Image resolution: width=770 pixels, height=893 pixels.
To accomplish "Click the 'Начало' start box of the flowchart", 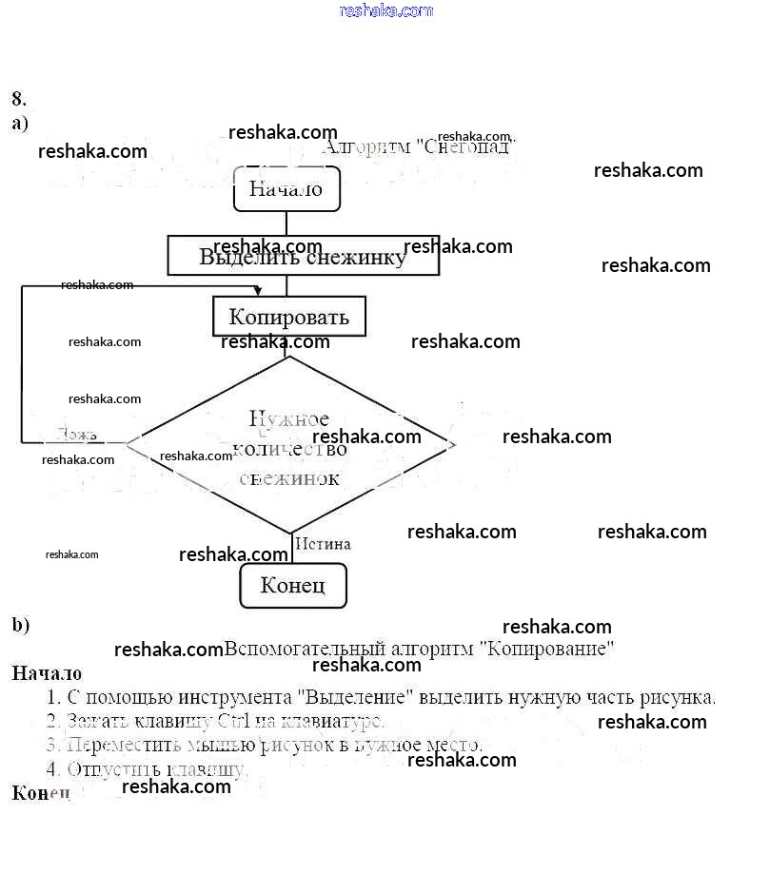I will (x=286, y=188).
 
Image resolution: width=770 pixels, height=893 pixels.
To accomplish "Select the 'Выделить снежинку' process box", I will (x=303, y=256).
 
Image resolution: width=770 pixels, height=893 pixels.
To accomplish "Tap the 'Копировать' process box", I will (x=288, y=317).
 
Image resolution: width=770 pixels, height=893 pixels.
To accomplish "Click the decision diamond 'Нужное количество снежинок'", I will (x=290, y=446).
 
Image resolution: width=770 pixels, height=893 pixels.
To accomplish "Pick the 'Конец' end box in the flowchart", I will (x=292, y=585).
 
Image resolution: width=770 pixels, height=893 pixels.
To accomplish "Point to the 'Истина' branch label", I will (x=323, y=544).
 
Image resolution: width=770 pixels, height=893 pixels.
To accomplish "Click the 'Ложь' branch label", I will (x=76, y=435).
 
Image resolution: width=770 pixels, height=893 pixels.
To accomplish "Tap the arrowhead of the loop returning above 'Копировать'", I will (x=258, y=289).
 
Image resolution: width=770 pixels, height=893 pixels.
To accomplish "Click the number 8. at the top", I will (x=19, y=99).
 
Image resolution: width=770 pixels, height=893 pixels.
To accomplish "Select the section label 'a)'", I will (x=20, y=123).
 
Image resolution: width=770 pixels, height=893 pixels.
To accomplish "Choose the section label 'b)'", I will (x=21, y=625).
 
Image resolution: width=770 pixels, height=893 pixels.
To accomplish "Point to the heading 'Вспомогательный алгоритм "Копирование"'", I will (x=419, y=650).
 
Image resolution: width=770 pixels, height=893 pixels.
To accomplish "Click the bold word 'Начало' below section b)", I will (x=46, y=673).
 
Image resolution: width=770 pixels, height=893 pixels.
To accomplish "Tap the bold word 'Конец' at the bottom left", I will (x=41, y=792).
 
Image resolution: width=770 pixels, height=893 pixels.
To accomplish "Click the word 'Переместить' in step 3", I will (x=123, y=745).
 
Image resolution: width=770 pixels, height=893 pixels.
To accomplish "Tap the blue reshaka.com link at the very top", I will (x=386, y=10).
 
